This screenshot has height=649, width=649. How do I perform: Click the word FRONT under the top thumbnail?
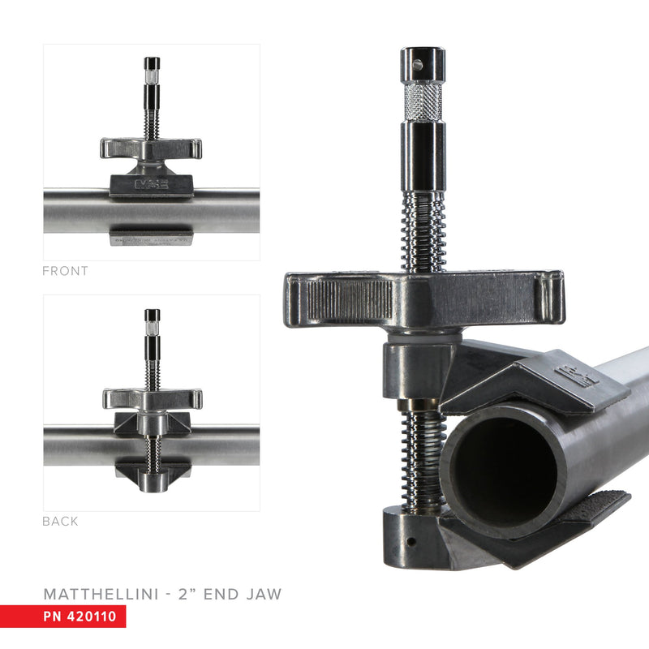[x=65, y=271]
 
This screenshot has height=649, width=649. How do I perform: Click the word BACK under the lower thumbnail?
[x=60, y=522]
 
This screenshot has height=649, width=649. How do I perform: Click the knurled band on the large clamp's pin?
[x=423, y=101]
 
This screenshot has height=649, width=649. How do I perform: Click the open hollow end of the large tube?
[x=503, y=463]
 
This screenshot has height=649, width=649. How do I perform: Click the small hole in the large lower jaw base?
[x=412, y=540]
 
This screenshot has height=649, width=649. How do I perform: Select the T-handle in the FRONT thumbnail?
[x=152, y=148]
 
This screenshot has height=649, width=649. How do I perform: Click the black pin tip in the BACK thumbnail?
[x=152, y=316]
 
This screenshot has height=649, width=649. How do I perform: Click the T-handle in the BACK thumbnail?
[x=152, y=398]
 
